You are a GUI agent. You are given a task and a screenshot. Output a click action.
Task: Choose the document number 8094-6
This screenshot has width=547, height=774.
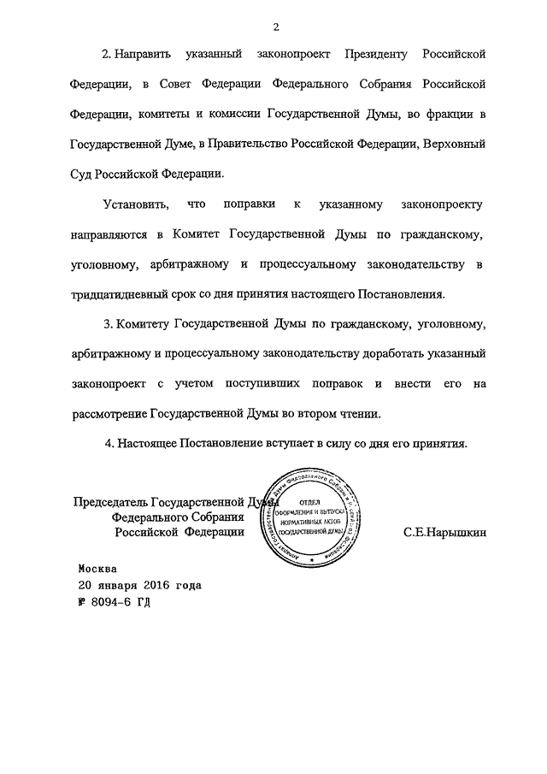coord(113,602)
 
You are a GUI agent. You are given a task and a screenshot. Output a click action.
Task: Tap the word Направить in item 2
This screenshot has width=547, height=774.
coord(143,55)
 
